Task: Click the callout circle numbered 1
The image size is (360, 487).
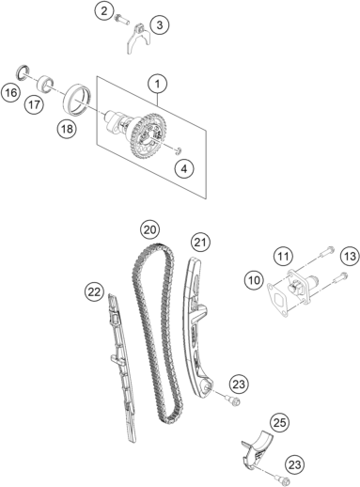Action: [157, 84]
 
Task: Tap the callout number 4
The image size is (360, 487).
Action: [184, 169]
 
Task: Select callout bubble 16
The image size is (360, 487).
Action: [11, 92]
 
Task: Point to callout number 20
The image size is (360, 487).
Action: [150, 230]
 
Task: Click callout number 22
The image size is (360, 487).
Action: [94, 292]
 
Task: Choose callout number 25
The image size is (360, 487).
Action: [280, 423]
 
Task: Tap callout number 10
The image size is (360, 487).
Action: [254, 280]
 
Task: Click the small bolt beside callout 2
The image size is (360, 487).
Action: [121, 19]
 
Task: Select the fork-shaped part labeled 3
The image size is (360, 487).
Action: [138, 39]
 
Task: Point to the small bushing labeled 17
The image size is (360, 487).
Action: [46, 84]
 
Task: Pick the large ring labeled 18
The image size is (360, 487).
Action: [77, 99]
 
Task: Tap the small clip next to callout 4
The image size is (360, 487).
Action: [179, 150]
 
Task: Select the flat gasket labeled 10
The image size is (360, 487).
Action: [277, 298]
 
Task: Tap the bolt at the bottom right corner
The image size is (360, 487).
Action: [283, 479]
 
